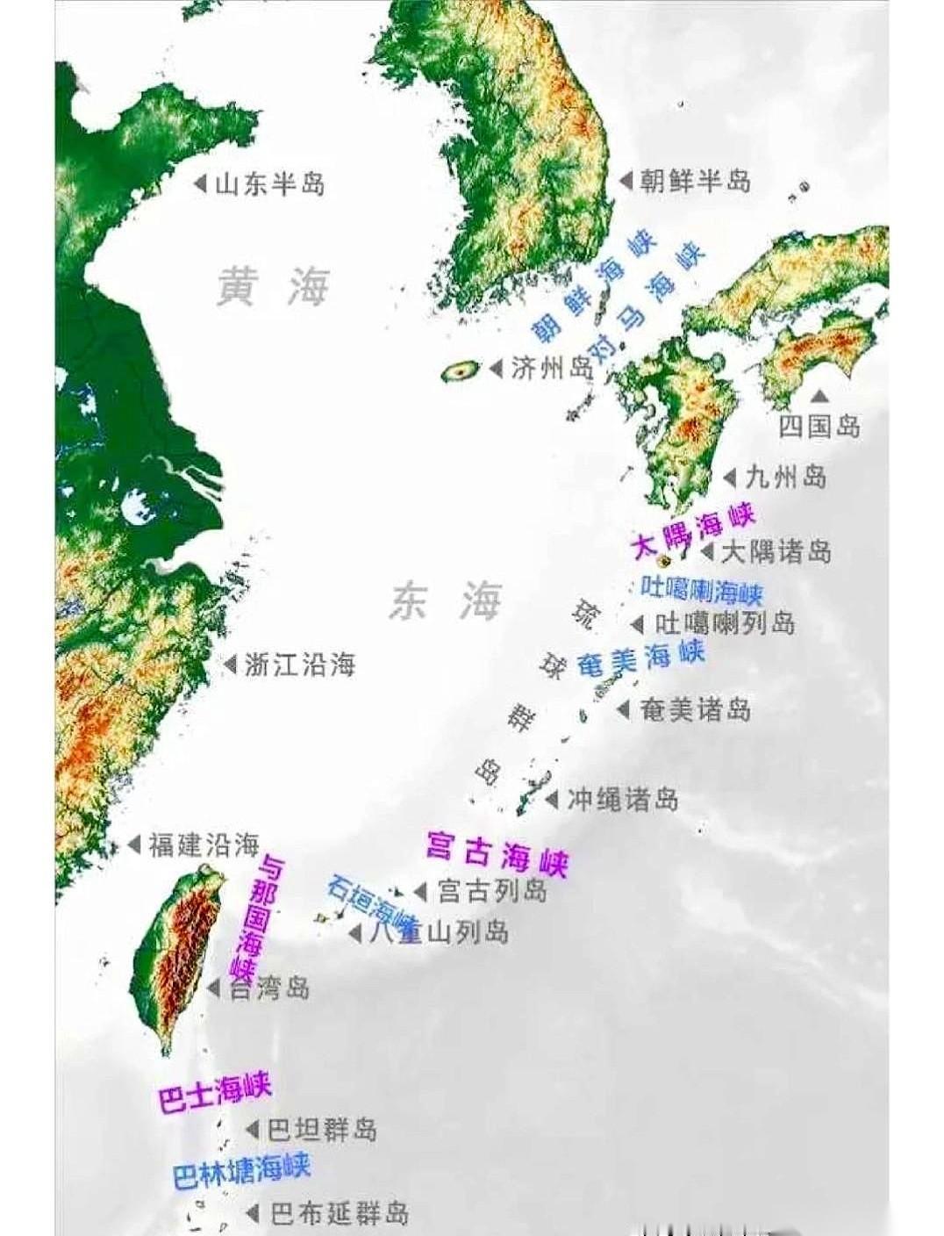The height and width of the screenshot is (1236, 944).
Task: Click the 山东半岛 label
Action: [x=269, y=184]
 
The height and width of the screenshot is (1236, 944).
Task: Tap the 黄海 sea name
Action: [x=274, y=287]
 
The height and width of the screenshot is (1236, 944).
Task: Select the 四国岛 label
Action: [x=819, y=427]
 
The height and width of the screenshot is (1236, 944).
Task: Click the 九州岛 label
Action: [x=785, y=477]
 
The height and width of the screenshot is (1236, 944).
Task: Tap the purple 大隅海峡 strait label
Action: [x=693, y=531]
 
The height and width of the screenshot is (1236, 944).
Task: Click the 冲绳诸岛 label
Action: [x=622, y=800]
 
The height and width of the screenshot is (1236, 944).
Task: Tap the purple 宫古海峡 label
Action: [x=497, y=852]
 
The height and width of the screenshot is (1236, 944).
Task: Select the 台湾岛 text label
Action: [x=269, y=988]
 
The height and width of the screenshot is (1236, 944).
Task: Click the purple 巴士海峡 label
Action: [x=215, y=1092]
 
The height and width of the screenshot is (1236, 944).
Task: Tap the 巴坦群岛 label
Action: [x=322, y=1129]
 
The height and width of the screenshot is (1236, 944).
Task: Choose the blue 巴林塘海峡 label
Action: [x=241, y=1171]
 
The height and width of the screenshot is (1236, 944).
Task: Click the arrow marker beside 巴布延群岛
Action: [x=253, y=1214]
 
